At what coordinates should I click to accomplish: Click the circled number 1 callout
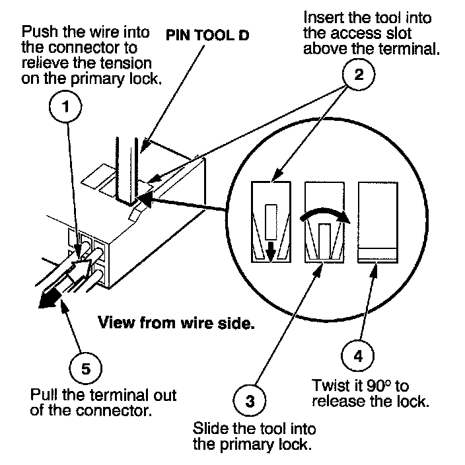65,107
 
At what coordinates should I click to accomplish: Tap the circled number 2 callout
359,74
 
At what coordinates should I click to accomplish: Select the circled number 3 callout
250,401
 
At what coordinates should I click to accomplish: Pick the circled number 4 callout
357,355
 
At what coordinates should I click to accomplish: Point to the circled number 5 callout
86,369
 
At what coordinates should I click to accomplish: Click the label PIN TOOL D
207,35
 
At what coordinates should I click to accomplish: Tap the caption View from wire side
176,322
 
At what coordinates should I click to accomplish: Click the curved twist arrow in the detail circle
325,211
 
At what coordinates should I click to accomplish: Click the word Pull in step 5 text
44,395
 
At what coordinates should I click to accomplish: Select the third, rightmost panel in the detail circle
378,223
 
